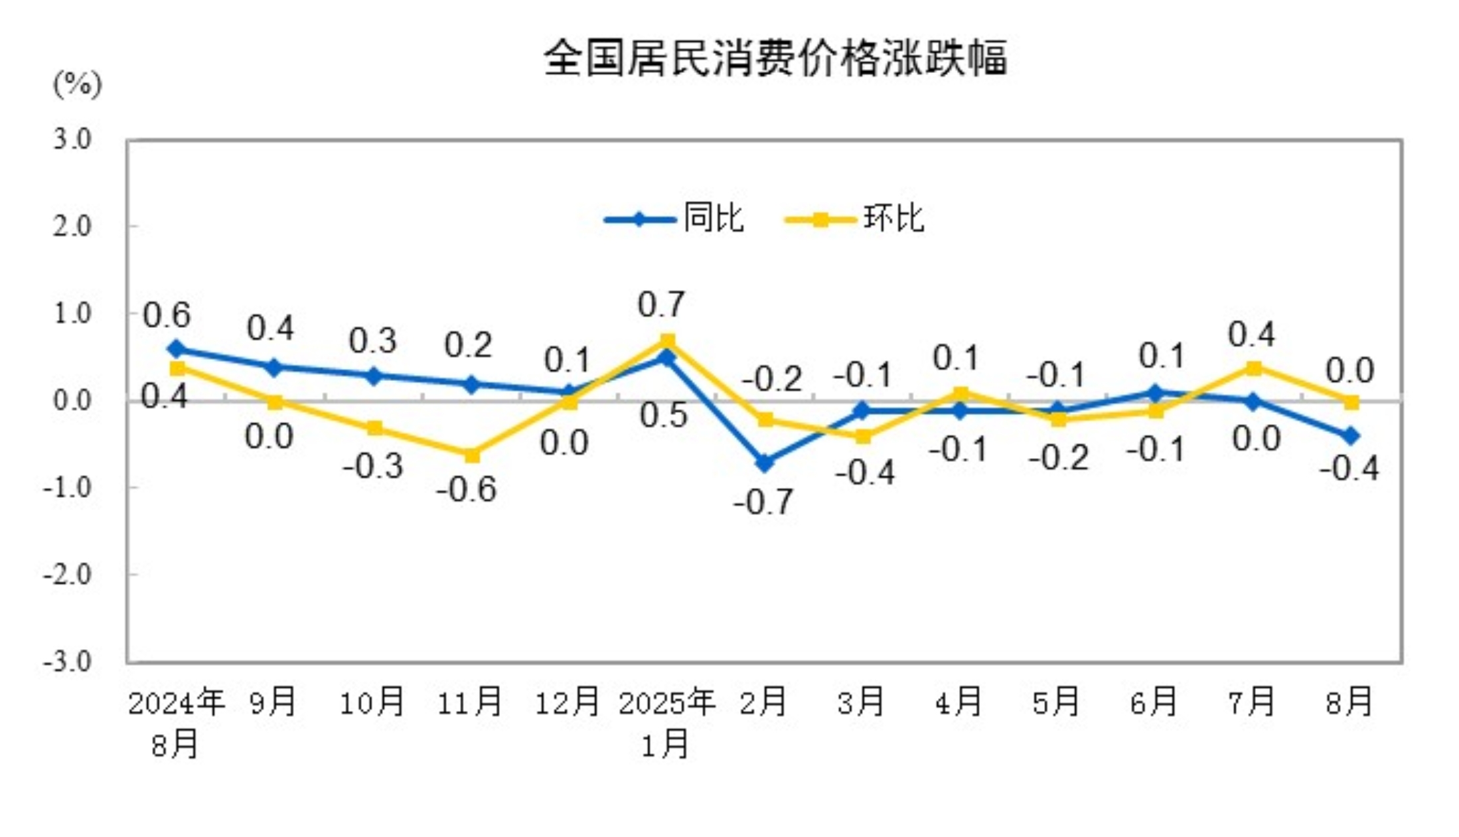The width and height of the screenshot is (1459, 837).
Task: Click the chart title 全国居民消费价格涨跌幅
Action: (775, 58)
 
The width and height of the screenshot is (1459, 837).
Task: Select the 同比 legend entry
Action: (674, 218)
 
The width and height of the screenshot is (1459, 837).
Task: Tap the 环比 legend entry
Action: (855, 218)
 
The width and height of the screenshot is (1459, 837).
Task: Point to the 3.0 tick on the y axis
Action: (72, 139)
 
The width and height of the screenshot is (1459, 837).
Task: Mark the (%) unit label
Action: (77, 84)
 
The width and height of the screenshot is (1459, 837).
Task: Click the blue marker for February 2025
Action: (765, 462)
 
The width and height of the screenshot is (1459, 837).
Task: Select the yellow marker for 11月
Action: (471, 455)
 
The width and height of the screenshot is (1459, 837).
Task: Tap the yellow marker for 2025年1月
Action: (667, 341)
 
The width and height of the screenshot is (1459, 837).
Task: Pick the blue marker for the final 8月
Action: (1351, 436)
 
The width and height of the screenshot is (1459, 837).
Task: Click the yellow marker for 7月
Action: (1253, 368)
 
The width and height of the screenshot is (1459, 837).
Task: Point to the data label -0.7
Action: (763, 502)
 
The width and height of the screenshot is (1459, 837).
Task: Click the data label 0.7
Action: (661, 305)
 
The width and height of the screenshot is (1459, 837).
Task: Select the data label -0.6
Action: (466, 490)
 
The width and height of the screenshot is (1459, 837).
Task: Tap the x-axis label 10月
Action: (372, 702)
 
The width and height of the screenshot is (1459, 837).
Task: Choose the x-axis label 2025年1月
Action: (666, 722)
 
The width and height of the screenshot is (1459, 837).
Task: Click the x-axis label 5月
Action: (1055, 702)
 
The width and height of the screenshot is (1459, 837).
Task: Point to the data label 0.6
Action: (167, 315)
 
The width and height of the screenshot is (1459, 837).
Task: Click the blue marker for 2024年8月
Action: (177, 349)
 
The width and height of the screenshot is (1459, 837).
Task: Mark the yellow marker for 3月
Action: (863, 436)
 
